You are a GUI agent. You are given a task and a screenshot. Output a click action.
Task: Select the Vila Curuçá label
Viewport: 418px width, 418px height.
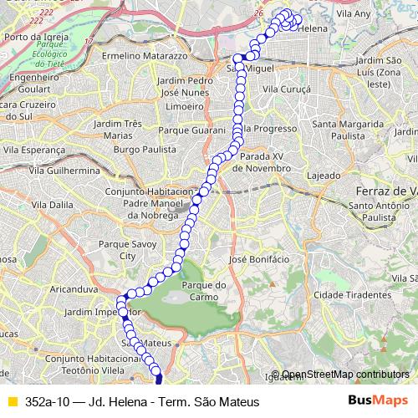click(x=286, y=88)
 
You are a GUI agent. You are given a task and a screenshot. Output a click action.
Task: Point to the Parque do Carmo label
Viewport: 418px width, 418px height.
click(x=209, y=290)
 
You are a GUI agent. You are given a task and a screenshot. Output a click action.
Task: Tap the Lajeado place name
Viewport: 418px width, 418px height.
click(x=324, y=176)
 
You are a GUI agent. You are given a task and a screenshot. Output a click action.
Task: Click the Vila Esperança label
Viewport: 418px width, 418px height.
click(x=33, y=150)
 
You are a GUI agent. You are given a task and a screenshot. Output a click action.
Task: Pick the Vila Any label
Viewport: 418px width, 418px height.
click(x=354, y=14)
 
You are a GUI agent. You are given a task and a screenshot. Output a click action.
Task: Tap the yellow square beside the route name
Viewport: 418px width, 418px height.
click(x=13, y=402)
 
